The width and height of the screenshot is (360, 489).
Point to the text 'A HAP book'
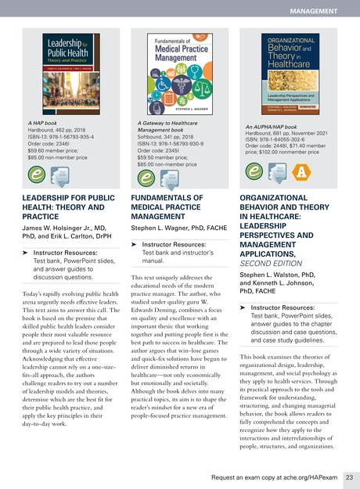(x=45, y=122)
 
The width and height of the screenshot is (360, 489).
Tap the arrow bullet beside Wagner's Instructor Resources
(x=135, y=245)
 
